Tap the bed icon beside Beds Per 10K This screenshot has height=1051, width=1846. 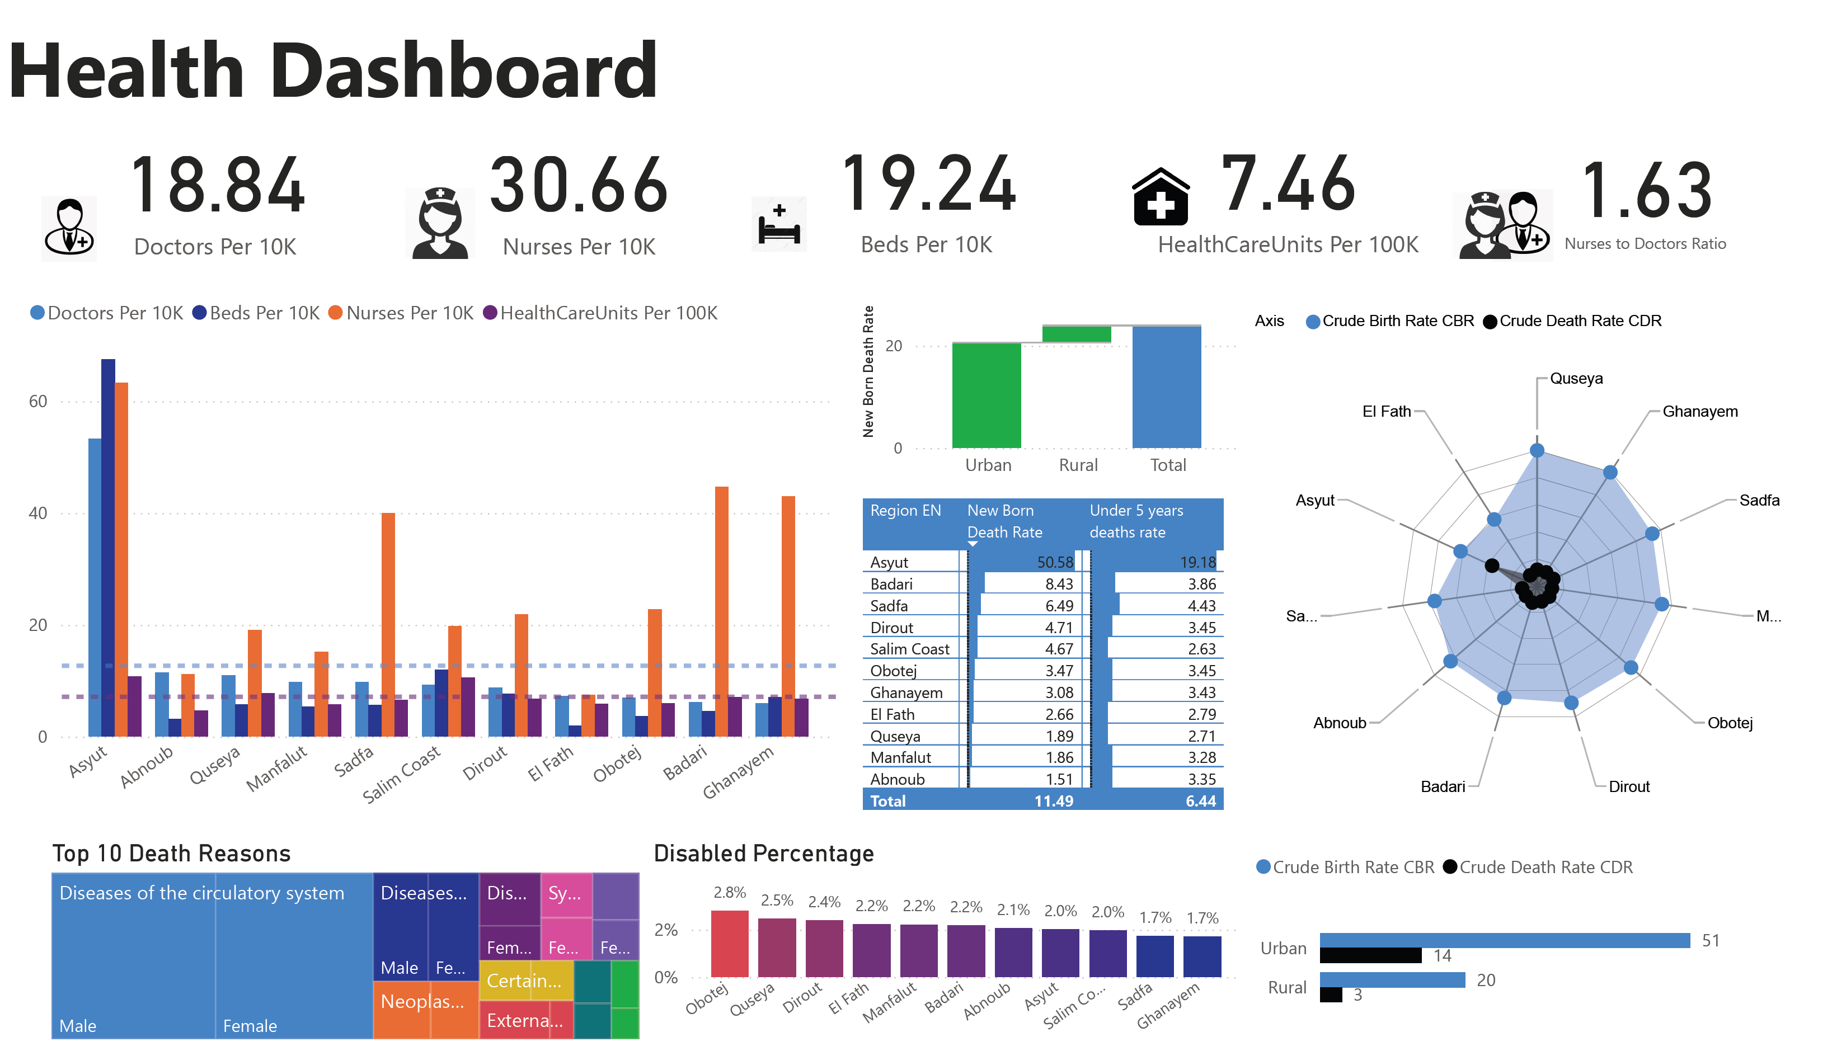779,224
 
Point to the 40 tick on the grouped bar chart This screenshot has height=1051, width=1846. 37,513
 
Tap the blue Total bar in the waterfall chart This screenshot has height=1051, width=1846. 1166,387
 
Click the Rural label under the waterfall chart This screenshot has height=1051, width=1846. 1078,465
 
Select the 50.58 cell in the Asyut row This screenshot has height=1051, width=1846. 1055,562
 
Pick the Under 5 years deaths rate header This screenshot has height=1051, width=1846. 1136,521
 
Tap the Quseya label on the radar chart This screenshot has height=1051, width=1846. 1575,378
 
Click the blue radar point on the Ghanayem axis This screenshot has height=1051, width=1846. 1610,473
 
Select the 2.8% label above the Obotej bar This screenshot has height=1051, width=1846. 729,893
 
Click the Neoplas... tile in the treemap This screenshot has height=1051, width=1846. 422,1002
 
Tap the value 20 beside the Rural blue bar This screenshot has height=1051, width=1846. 1485,981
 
